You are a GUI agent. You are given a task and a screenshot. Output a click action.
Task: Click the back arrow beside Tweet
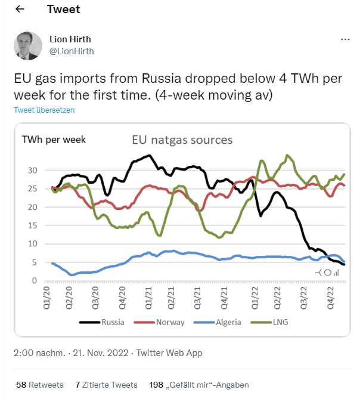[20, 10]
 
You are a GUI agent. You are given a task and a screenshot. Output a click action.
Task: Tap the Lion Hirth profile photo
[27, 45]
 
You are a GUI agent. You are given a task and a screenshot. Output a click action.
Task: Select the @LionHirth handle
[71, 51]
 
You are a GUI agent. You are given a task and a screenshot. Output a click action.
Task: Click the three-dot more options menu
[345, 39]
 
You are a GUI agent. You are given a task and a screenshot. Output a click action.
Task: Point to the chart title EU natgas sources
[182, 141]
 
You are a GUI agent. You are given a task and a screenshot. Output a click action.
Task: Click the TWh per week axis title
[54, 140]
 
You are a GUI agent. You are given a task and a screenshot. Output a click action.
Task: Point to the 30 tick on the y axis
[33, 171]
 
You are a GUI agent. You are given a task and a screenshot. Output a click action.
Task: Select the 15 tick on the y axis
[33, 225]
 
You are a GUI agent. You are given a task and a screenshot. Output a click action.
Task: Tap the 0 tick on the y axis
[35, 280]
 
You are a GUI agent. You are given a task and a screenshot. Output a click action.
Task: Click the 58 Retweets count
[40, 385]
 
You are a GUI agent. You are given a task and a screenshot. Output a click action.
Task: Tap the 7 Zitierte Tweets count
[107, 385]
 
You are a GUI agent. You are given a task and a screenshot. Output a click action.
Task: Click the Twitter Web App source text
[169, 353]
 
